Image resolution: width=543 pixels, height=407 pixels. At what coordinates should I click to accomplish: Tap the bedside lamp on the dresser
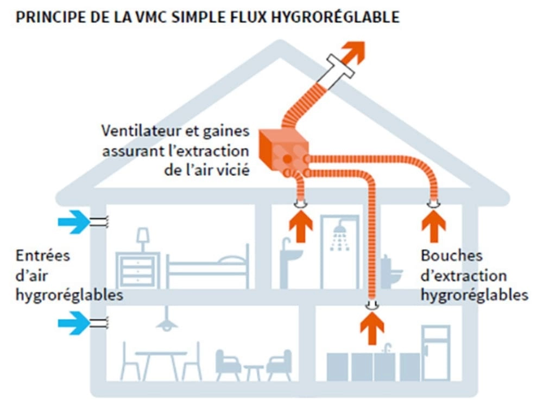coord(143,239)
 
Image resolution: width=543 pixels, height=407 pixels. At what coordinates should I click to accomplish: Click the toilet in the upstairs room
coord(390,271)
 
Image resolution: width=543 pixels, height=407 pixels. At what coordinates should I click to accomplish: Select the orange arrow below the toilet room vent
coord(433,225)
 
